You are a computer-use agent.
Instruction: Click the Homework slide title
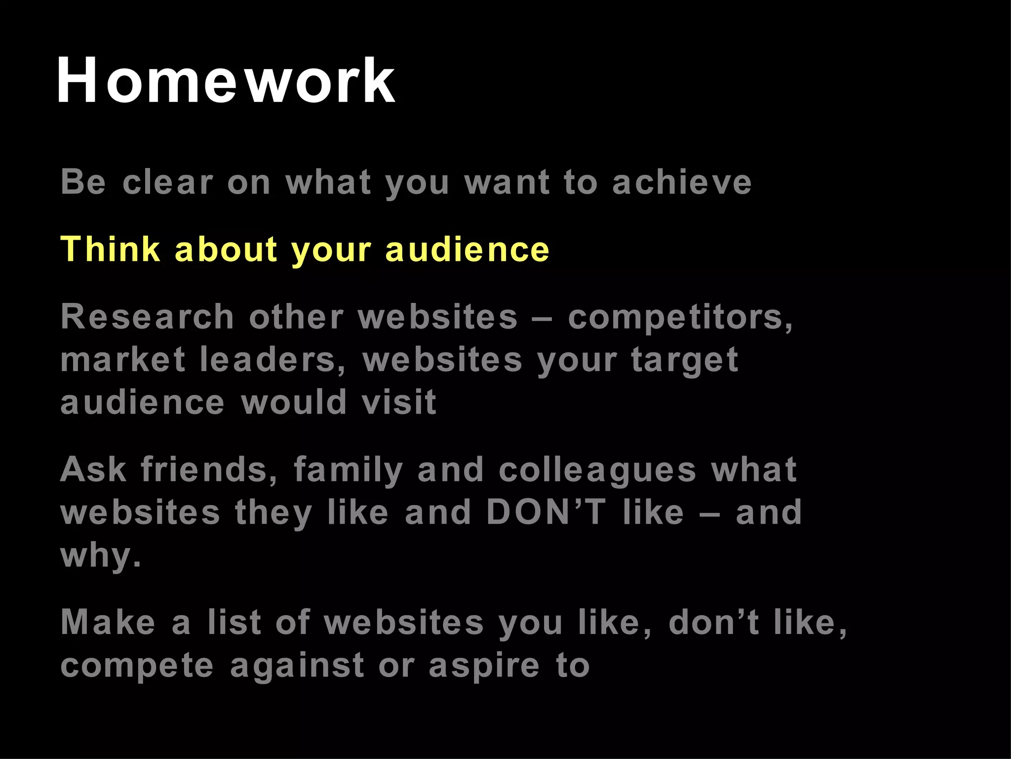click(x=226, y=81)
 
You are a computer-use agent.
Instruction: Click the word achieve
click(x=682, y=182)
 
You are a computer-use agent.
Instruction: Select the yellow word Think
click(x=110, y=249)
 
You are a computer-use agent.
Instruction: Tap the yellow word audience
click(x=467, y=249)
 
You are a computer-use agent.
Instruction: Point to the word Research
click(x=147, y=317)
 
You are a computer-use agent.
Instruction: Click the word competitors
click(x=680, y=318)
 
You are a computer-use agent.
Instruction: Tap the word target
click(x=685, y=361)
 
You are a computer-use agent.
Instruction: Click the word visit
click(x=399, y=402)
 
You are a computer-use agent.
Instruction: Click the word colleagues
click(x=597, y=470)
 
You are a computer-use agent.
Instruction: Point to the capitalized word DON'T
click(x=545, y=512)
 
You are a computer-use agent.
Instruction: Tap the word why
click(x=101, y=555)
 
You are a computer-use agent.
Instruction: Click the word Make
click(x=108, y=622)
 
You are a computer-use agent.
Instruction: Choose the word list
click(x=234, y=622)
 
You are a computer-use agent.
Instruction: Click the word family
click(x=349, y=470)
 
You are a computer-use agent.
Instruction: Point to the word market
click(x=122, y=360)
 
